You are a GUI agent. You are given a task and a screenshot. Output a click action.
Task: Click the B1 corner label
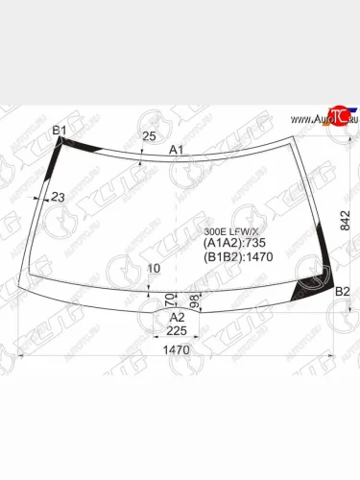point(60,130)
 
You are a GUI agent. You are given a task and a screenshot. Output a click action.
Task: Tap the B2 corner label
point(342,291)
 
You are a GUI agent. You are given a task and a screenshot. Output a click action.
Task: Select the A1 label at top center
point(177,150)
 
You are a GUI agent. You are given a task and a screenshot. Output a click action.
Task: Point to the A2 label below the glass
point(177,317)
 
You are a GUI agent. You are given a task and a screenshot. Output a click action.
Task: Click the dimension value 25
point(148,136)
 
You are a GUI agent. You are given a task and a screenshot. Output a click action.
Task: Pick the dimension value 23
point(58,197)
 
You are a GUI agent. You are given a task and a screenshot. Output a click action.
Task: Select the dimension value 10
point(155,268)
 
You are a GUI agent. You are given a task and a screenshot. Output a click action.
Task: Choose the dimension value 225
point(177,331)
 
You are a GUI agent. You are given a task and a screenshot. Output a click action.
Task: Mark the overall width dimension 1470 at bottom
point(175,351)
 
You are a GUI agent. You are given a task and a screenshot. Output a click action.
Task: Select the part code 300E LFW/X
point(230,231)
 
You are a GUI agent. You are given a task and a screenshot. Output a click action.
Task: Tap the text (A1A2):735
point(230,244)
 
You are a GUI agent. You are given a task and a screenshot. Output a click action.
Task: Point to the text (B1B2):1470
point(233,257)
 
